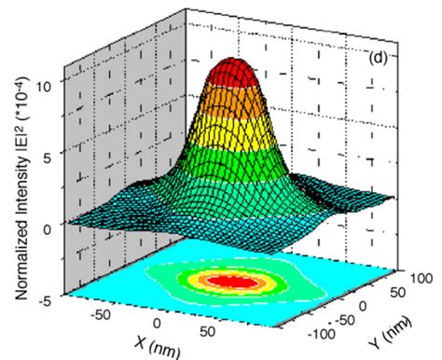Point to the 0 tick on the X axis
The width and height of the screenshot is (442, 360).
point(157,322)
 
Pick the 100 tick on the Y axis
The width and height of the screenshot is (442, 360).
point(410,277)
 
